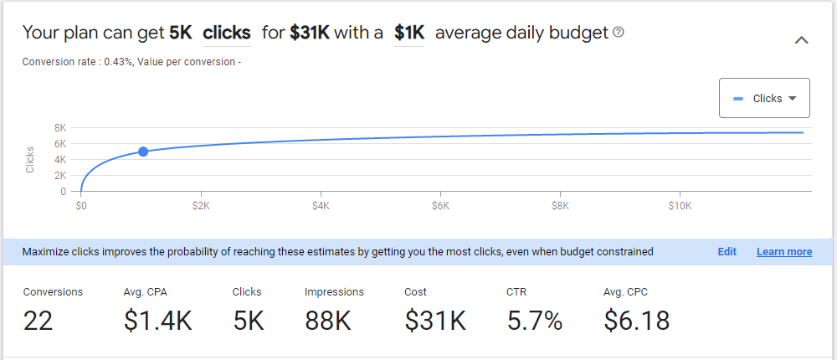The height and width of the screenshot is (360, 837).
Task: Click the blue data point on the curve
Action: click(x=143, y=152)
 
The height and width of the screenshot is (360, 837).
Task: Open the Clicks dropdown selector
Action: click(x=764, y=98)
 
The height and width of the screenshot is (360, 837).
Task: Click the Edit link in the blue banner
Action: click(x=727, y=251)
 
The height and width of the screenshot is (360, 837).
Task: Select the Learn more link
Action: click(x=784, y=251)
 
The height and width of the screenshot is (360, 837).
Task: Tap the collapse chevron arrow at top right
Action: click(x=801, y=40)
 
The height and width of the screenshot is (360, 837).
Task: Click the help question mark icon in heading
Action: click(x=619, y=33)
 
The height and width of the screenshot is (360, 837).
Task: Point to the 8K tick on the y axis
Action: click(x=60, y=128)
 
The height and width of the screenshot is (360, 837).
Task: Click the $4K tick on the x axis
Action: click(x=321, y=206)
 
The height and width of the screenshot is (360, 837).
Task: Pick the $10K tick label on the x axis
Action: click(x=680, y=206)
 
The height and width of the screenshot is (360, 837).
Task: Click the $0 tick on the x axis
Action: click(x=81, y=206)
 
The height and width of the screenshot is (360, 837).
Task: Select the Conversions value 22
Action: click(x=38, y=321)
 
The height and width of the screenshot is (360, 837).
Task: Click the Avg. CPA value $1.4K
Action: click(x=157, y=321)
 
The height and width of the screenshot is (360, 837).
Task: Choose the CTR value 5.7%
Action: click(x=535, y=321)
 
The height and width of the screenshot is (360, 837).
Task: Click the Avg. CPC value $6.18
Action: click(x=636, y=321)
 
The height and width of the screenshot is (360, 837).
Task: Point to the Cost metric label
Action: click(x=415, y=292)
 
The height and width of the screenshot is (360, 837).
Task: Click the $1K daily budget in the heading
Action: click(x=409, y=33)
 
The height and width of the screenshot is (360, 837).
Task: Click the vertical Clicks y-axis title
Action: click(x=30, y=159)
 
